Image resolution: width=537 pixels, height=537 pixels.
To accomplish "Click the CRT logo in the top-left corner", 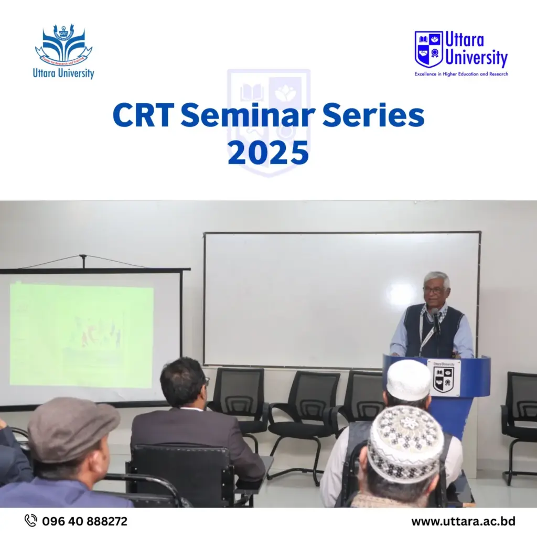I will coord(63,45).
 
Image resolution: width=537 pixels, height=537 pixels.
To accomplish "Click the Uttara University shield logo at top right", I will coord(428,49).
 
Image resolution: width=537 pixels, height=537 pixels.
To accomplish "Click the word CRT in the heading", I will coord(142,116).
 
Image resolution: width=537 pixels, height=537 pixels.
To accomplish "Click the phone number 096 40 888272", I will coord(84,521).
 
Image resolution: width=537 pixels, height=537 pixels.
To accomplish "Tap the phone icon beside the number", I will coord(31,521).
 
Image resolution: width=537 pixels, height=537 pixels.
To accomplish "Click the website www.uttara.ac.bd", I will coord(463,521).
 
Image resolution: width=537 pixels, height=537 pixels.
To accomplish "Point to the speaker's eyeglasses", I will coord(434,290).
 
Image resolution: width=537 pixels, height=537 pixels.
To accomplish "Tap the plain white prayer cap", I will coord(408,379).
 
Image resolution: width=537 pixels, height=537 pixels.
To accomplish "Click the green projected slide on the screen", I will coord(81,336).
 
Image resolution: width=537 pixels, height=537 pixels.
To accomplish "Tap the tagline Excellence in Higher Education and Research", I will coord(461,74).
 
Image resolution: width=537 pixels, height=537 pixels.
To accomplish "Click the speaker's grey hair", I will coord(436,277).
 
